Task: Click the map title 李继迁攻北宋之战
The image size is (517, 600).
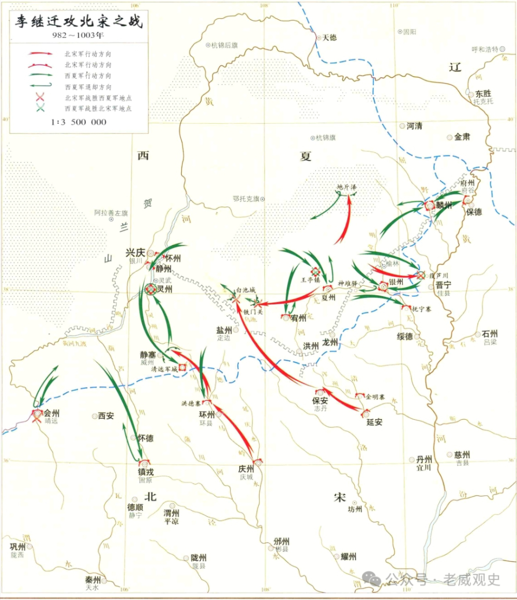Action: tap(78, 22)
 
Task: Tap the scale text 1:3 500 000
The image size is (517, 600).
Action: tap(78, 122)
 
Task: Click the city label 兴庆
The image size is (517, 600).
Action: tap(135, 253)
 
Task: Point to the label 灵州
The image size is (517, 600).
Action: tap(165, 289)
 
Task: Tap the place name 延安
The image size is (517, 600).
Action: tap(374, 422)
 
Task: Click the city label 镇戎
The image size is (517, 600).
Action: tap(146, 472)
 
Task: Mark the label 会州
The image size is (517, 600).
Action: tap(52, 413)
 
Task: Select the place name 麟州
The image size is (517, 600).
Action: tap(445, 205)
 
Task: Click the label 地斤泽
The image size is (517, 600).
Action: tap(346, 187)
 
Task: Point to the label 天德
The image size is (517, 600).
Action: tap(329, 37)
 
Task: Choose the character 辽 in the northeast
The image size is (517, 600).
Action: tap(454, 67)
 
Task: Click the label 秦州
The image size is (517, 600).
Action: tap(94, 580)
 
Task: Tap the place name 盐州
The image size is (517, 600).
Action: tap(225, 330)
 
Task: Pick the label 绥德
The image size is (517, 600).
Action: tap(405, 336)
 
